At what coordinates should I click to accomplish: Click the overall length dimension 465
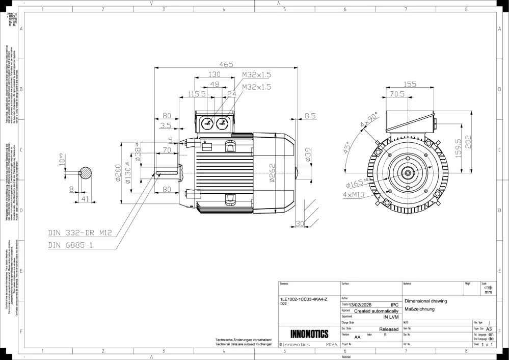pyautogui.click(x=226, y=64)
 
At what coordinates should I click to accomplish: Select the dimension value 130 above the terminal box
pyautogui.click(x=215, y=74)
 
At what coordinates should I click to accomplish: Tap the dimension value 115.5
pyautogui.click(x=197, y=94)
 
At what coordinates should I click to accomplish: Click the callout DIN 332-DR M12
pyautogui.click(x=79, y=233)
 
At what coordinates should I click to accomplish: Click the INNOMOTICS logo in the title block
pyautogui.click(x=309, y=335)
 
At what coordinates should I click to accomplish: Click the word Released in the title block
pyautogui.click(x=389, y=329)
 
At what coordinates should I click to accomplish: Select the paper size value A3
pyautogui.click(x=489, y=329)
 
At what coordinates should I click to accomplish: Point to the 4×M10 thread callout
pyautogui.click(x=355, y=195)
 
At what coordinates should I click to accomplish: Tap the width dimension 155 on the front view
pyautogui.click(x=409, y=85)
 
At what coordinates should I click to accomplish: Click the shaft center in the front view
pyautogui.click(x=409, y=173)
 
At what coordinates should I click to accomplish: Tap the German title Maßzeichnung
pyautogui.click(x=419, y=310)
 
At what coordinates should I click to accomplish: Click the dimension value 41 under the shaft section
pyautogui.click(x=85, y=199)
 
